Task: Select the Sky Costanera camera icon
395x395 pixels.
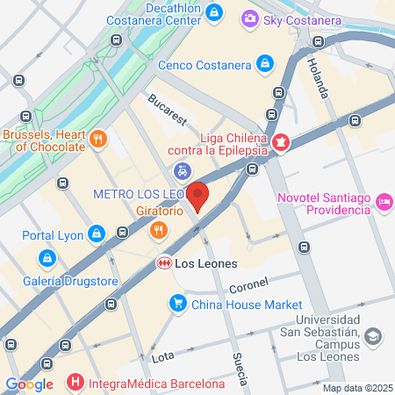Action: point(250,18)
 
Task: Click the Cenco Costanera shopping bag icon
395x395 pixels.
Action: point(265,64)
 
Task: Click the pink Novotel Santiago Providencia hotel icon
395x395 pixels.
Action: point(384,203)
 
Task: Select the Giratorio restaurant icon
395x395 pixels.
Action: point(158,231)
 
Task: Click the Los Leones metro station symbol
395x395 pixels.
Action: point(163,262)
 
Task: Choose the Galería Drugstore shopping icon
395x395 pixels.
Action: point(46,259)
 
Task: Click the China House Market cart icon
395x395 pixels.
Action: point(177,304)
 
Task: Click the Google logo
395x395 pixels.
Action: point(30,384)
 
